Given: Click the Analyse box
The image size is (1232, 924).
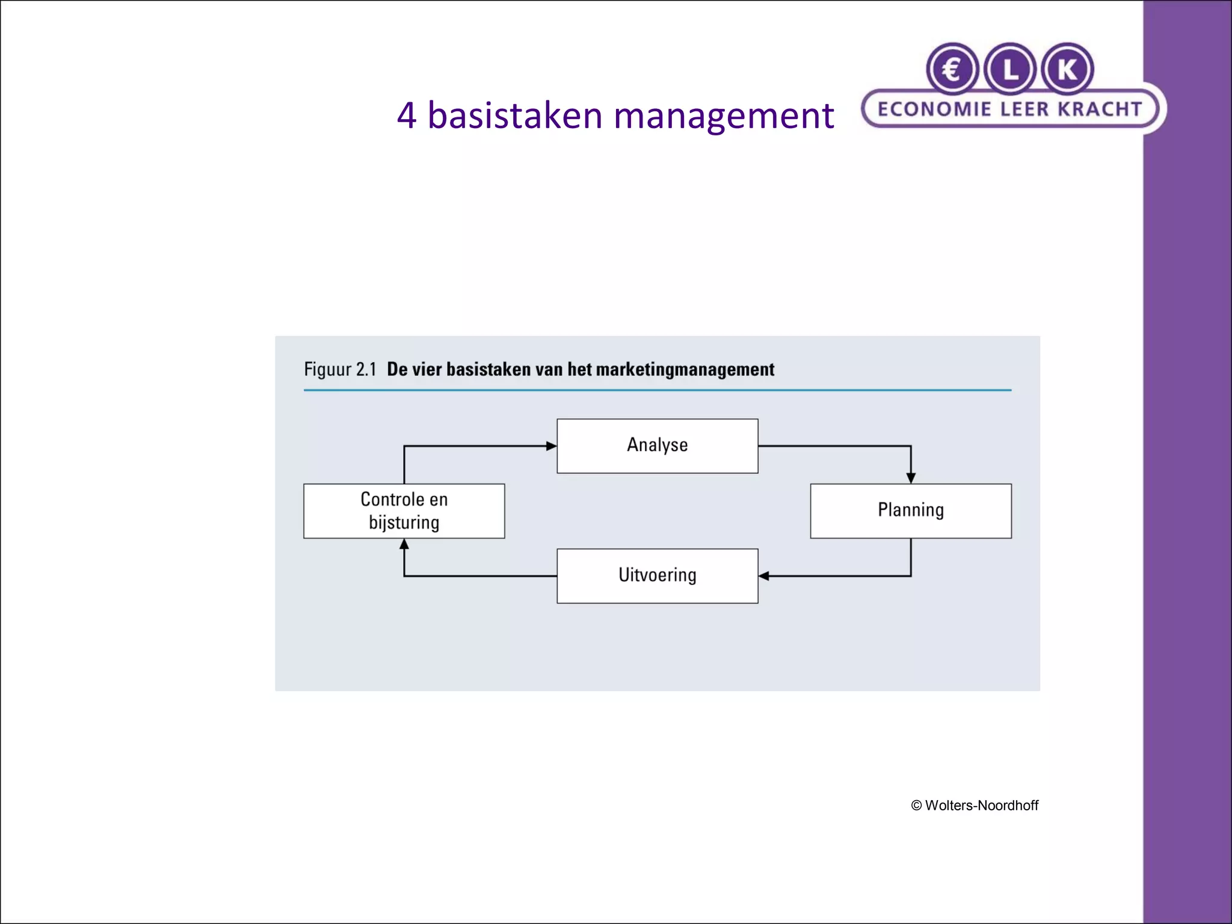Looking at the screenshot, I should click(x=657, y=446).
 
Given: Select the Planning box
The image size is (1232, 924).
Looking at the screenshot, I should click(x=910, y=511).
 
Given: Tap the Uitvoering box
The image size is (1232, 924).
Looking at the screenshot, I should click(x=657, y=576).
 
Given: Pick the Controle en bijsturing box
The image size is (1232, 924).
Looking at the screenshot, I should click(x=404, y=511).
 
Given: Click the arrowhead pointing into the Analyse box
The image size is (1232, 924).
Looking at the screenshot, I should click(x=551, y=446).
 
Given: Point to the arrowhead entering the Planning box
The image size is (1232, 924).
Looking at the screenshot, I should click(x=911, y=478).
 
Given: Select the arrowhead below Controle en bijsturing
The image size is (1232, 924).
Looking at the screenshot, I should click(x=404, y=544).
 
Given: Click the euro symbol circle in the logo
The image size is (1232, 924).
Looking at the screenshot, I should click(x=952, y=70).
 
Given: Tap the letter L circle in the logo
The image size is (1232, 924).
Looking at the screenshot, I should click(x=1010, y=70).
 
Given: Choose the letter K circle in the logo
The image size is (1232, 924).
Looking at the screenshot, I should click(x=1067, y=70).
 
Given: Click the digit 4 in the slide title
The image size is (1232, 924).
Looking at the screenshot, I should click(x=407, y=115).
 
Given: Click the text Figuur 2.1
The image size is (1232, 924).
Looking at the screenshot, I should click(x=340, y=369).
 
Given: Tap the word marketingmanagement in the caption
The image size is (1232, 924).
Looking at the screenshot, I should click(x=685, y=369).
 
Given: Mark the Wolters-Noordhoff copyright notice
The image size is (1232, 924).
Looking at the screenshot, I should click(x=975, y=805).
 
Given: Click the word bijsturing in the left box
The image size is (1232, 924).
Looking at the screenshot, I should click(x=404, y=522).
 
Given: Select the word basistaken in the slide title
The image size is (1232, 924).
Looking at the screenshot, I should click(x=514, y=115).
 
